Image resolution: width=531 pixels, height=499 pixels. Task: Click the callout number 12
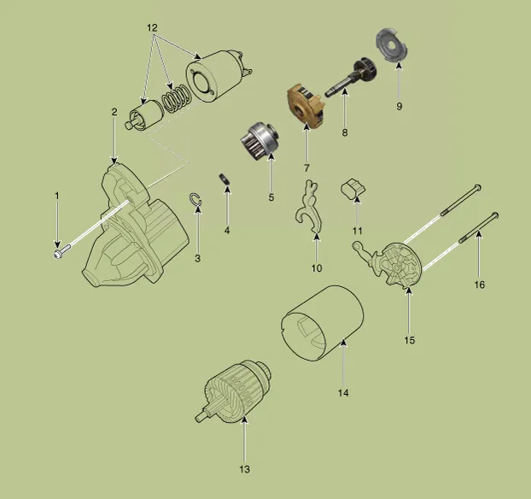(153, 28)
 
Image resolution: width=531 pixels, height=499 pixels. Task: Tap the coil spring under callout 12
(176, 98)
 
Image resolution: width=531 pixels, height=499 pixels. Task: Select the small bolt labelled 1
(62, 251)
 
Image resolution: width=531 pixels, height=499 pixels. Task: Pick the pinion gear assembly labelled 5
(260, 141)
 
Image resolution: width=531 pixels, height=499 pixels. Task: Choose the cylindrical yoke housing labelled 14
(323, 323)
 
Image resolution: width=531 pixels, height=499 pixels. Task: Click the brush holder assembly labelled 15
(394, 264)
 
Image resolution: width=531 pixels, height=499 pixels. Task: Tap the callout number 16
(479, 285)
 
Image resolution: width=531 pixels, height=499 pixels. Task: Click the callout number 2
(114, 112)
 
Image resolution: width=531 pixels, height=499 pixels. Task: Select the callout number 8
(344, 132)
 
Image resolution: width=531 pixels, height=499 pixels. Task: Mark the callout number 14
(343, 393)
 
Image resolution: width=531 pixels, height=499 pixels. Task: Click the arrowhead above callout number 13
(244, 421)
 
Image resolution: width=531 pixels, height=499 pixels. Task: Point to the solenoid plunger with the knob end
(143, 115)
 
